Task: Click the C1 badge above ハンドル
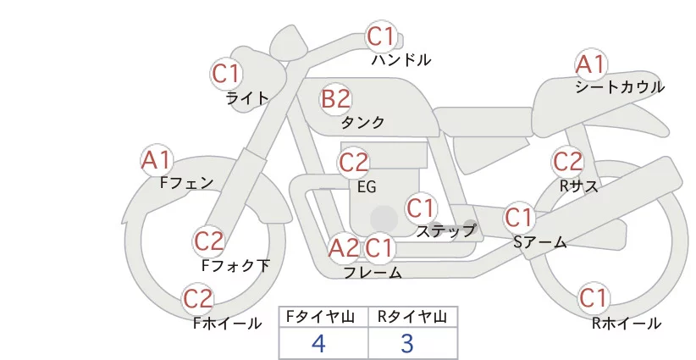[380, 36]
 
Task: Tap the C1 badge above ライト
[225, 74]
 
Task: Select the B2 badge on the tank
[335, 99]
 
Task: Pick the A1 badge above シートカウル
[590, 64]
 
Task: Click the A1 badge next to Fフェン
[156, 159]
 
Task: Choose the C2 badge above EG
[354, 162]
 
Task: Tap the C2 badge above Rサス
[567, 161]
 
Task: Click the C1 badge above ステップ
[421, 207]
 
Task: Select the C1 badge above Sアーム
[519, 217]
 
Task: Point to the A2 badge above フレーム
[344, 248]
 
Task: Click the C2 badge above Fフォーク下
[208, 241]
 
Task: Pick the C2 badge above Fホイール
[198, 298]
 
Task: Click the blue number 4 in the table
[318, 343]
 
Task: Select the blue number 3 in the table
[407, 343]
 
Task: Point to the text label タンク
[362, 123]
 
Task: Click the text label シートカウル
[620, 86]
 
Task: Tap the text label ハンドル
[401, 60]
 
